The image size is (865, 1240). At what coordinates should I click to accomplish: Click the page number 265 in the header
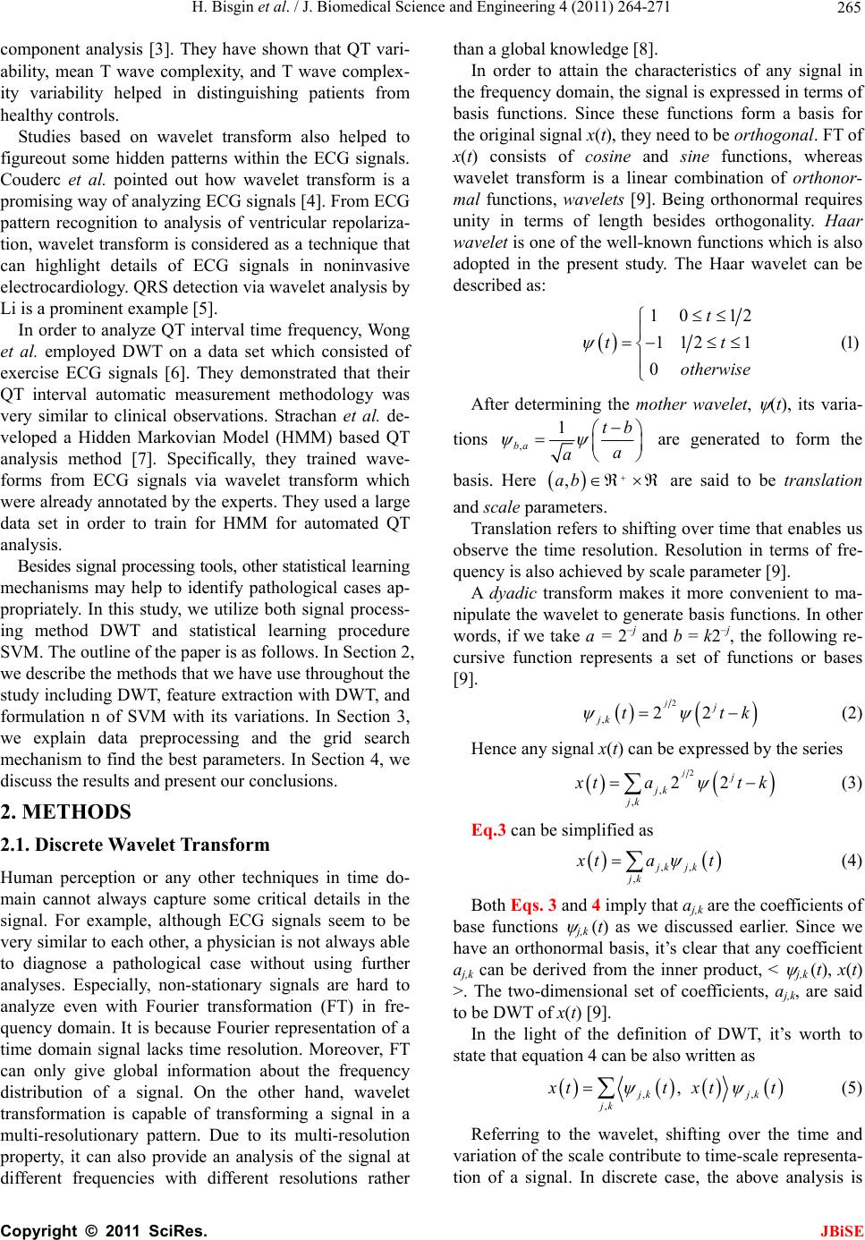pyautogui.click(x=850, y=10)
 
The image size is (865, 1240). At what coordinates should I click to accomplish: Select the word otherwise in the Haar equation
pyautogui.click(x=715, y=369)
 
